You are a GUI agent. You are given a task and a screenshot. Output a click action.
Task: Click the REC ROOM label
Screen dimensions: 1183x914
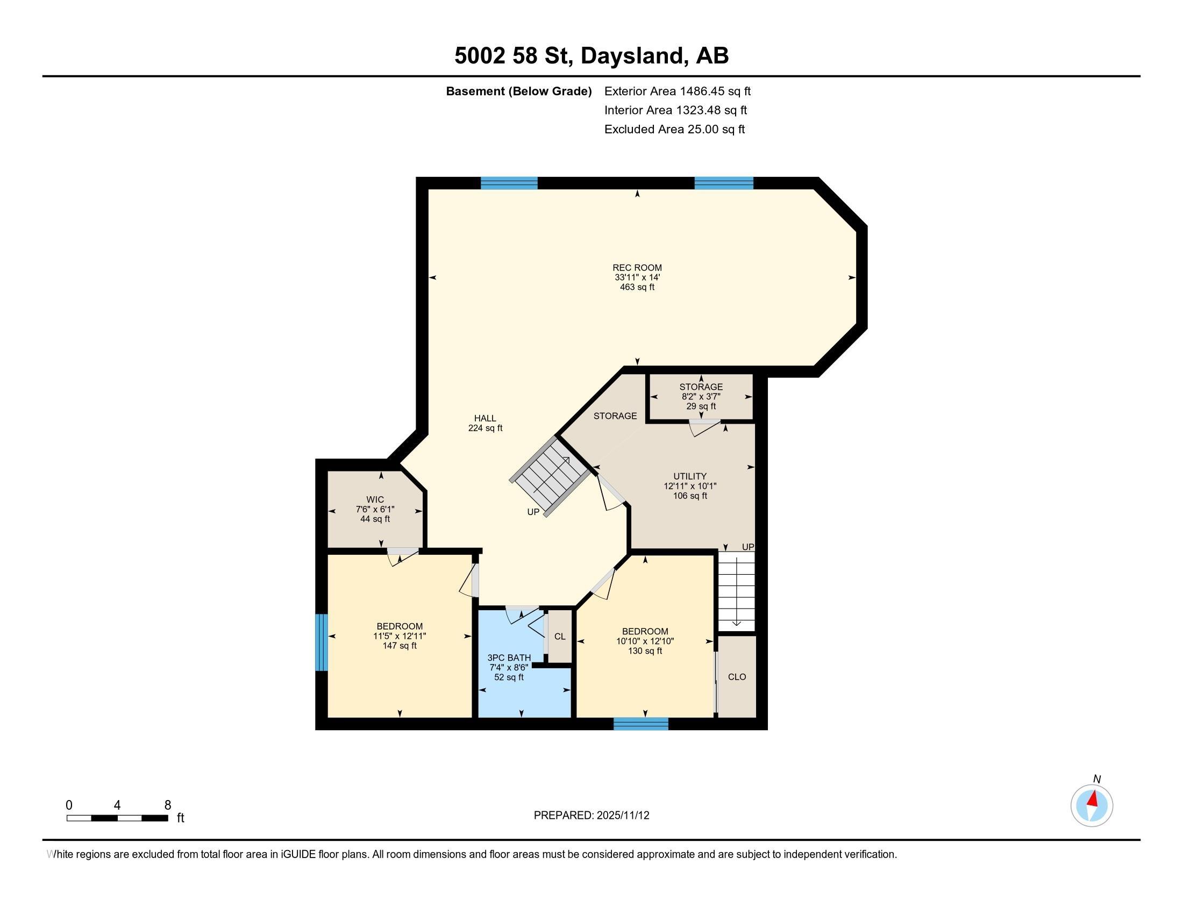[637, 268]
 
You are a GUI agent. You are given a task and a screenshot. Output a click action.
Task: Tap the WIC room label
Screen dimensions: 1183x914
[375, 499]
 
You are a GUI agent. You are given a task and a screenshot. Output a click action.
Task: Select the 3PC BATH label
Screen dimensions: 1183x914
[509, 658]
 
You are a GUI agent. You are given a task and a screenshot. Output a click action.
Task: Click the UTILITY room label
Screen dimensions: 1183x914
[690, 476]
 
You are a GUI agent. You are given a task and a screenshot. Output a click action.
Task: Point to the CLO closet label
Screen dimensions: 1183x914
[737, 677]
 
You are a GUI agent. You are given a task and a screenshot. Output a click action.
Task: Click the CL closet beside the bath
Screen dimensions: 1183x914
[560, 636]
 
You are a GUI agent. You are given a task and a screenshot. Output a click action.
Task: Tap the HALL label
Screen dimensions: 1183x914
[485, 418]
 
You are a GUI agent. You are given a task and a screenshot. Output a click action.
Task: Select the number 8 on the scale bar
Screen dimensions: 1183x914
[168, 805]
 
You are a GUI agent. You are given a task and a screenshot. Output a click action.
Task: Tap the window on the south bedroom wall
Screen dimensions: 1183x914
[641, 724]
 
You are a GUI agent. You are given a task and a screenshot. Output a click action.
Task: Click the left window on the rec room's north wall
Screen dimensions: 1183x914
[509, 183]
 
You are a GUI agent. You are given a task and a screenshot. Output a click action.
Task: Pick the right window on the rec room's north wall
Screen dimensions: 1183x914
[724, 183]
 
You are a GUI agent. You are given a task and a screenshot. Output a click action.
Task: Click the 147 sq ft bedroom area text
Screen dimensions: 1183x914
[400, 646]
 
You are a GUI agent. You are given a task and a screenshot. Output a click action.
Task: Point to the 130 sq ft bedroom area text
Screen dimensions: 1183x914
[645, 651]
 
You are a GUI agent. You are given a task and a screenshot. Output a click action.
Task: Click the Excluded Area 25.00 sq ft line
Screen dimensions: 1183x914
[674, 130]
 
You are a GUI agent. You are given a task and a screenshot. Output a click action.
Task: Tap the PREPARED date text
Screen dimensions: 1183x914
[591, 816]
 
